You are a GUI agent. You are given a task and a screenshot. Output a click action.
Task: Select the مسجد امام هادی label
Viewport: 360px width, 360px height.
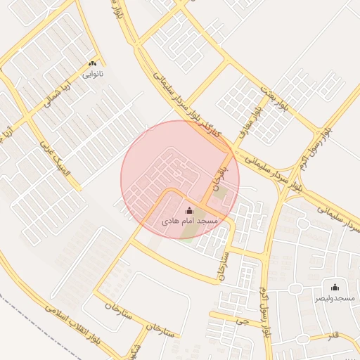pos(191,221)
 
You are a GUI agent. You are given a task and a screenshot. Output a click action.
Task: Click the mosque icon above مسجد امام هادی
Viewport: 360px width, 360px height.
pos(189,210)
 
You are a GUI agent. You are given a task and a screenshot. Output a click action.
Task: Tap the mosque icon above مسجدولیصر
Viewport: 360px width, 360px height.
pos(334,288)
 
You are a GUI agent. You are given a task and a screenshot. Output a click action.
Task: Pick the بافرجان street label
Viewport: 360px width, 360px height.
pos(217,179)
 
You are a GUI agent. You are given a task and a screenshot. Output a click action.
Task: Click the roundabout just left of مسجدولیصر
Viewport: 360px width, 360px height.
pos(303,223)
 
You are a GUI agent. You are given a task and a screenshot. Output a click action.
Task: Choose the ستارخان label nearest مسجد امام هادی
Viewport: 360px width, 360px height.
pos(224,265)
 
